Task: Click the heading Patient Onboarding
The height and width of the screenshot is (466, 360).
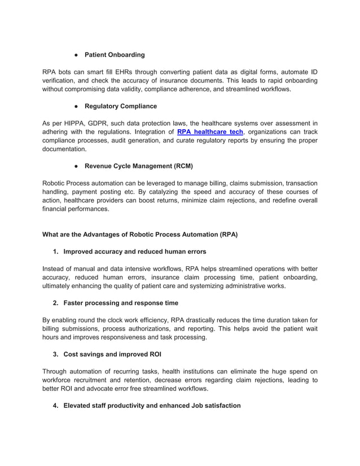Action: point(115,55)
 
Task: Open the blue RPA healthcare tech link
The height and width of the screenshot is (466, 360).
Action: point(210,131)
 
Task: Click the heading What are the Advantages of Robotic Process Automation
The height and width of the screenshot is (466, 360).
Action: point(140,235)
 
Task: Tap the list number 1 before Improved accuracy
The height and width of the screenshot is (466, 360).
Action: point(56,252)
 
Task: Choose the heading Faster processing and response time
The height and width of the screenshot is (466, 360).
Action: point(121,303)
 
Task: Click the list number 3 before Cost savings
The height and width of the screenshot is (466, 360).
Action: point(56,354)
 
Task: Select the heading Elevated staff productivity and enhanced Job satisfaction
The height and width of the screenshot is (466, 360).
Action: point(152,406)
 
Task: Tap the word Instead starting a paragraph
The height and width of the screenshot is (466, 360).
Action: point(55,269)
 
